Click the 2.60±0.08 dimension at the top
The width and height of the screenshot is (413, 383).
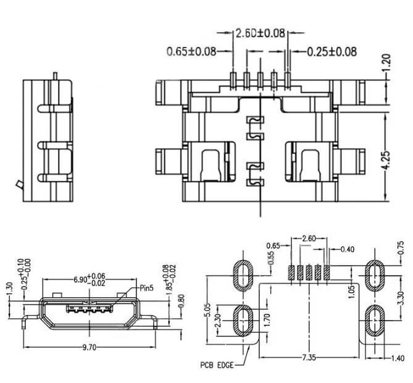pyautogui.click(x=260, y=33)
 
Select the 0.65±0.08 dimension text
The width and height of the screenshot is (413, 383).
pyautogui.click(x=191, y=51)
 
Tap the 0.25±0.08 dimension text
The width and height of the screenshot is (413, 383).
pyautogui.click(x=332, y=52)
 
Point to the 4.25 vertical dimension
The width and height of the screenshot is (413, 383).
pyautogui.click(x=386, y=160)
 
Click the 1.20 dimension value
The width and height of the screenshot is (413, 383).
pyautogui.click(x=386, y=62)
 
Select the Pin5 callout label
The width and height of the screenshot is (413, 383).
pyautogui.click(x=146, y=288)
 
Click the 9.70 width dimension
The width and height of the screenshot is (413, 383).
pyautogui.click(x=90, y=347)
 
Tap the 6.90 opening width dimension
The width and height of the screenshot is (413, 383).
pyautogui.click(x=90, y=279)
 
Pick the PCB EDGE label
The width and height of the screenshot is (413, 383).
pyautogui.click(x=217, y=365)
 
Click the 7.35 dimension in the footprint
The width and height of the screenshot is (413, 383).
pyautogui.click(x=309, y=358)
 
